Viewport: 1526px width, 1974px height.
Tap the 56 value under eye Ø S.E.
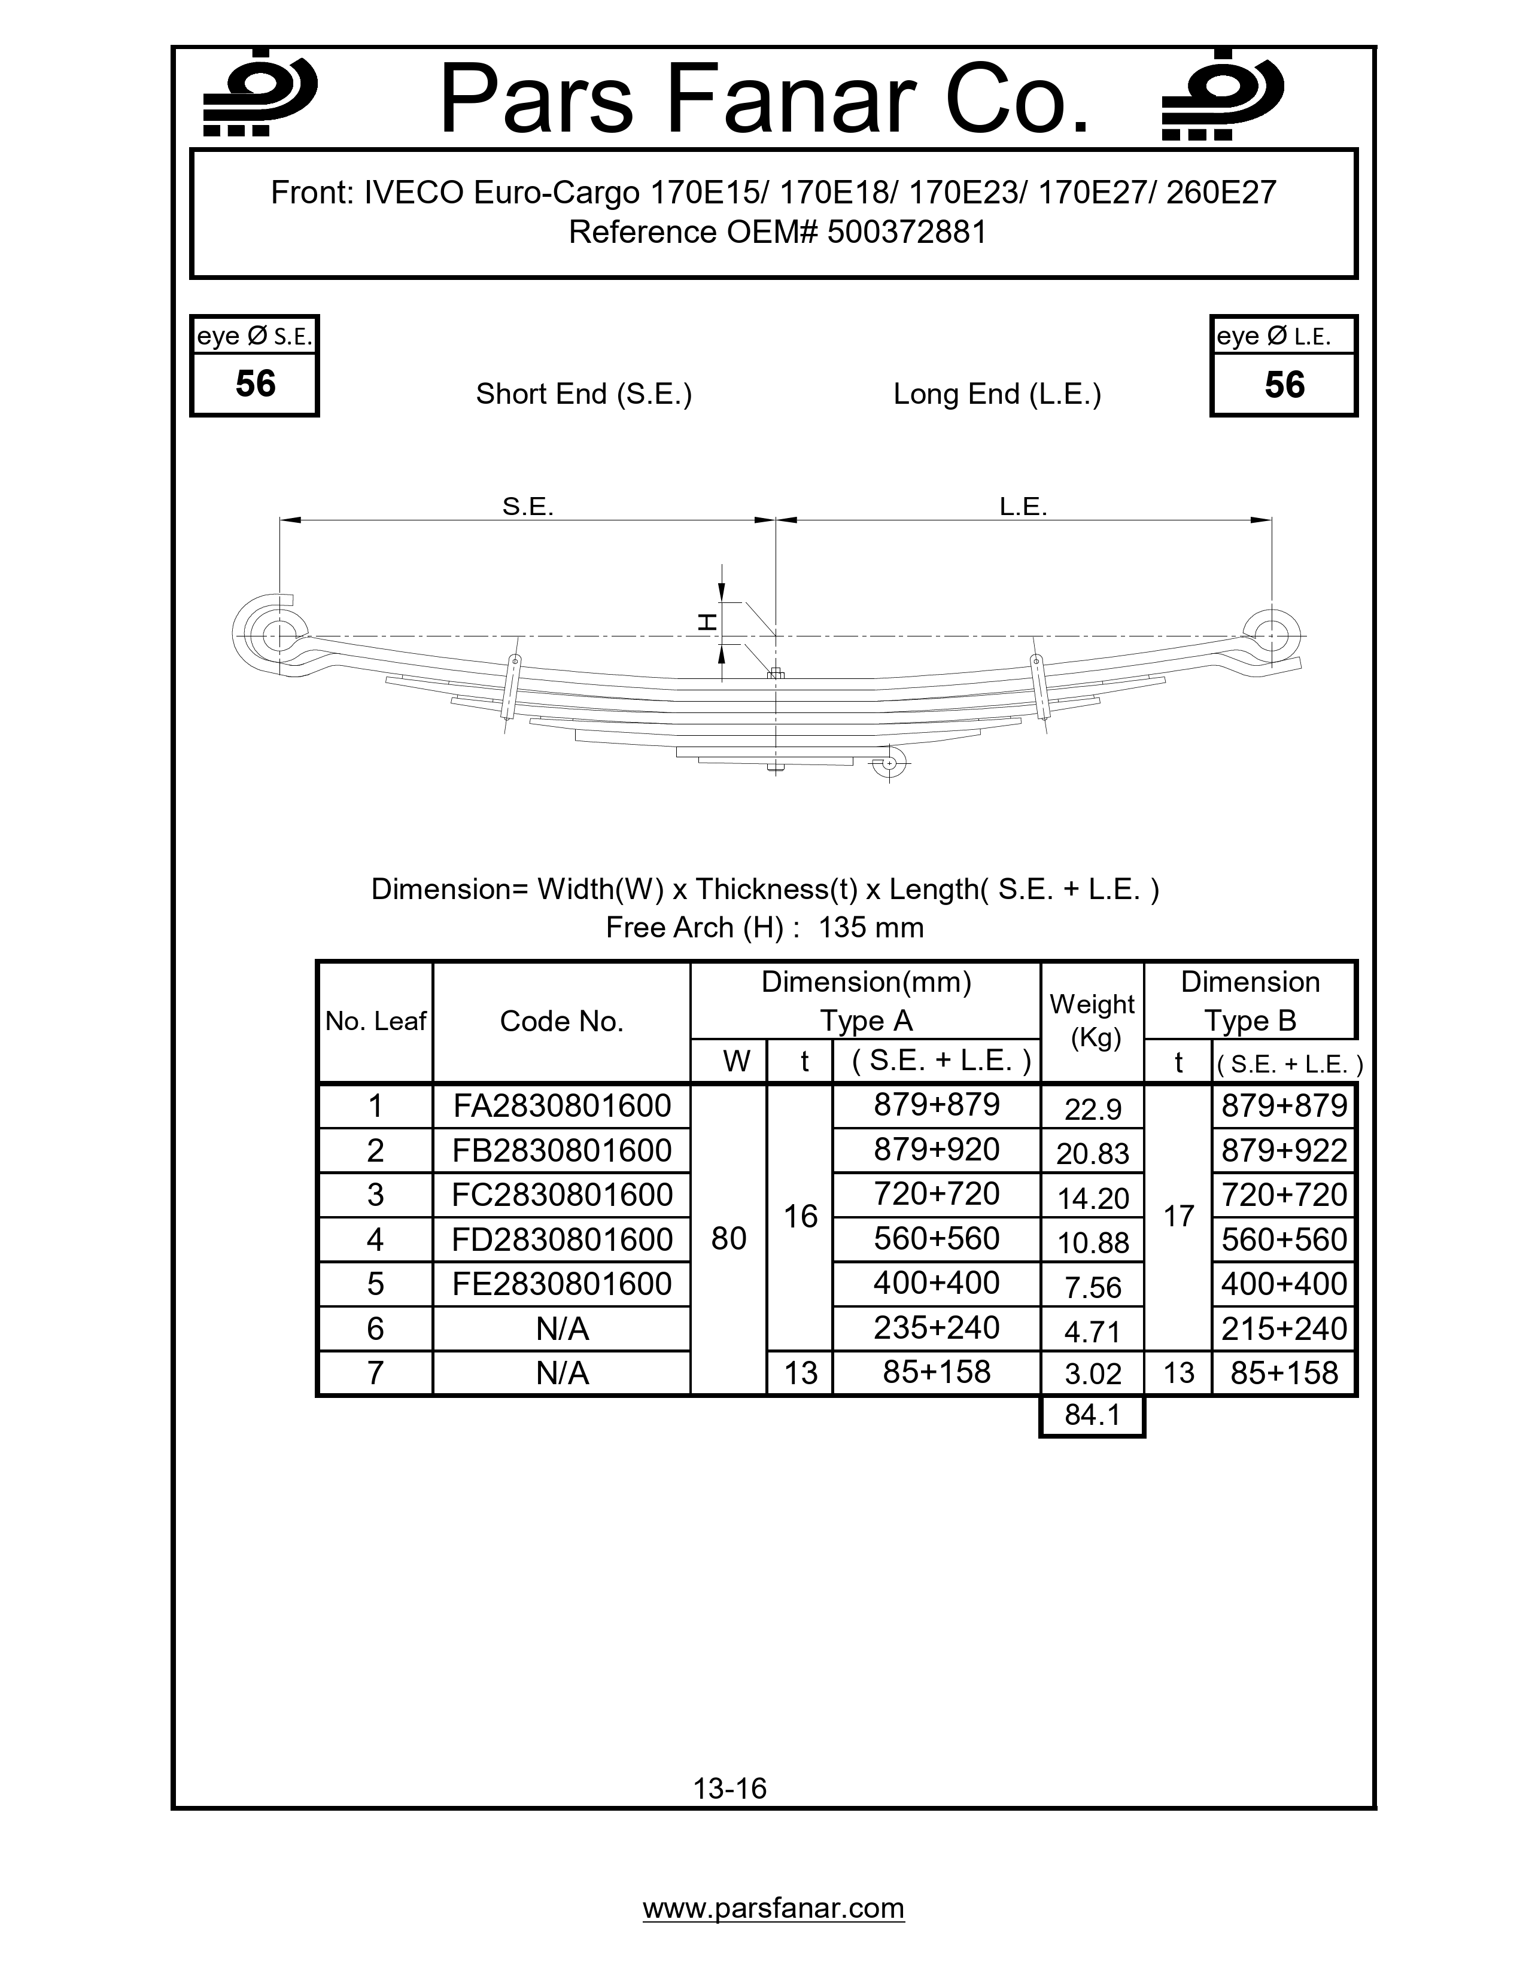(255, 384)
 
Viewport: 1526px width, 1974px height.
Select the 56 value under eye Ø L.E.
(1284, 385)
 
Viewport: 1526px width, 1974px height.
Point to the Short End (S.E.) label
(584, 394)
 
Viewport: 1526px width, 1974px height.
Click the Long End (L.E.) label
(997, 394)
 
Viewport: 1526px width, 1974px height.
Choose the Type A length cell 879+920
(937, 1150)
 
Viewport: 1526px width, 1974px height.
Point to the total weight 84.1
(1092, 1415)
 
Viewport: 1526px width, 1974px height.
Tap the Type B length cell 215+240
(1284, 1329)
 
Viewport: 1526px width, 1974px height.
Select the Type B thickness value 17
(1178, 1217)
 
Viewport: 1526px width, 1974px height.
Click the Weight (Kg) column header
(1092, 1021)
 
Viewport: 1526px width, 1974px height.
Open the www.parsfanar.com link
(773, 1908)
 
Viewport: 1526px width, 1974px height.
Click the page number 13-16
(729, 1788)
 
